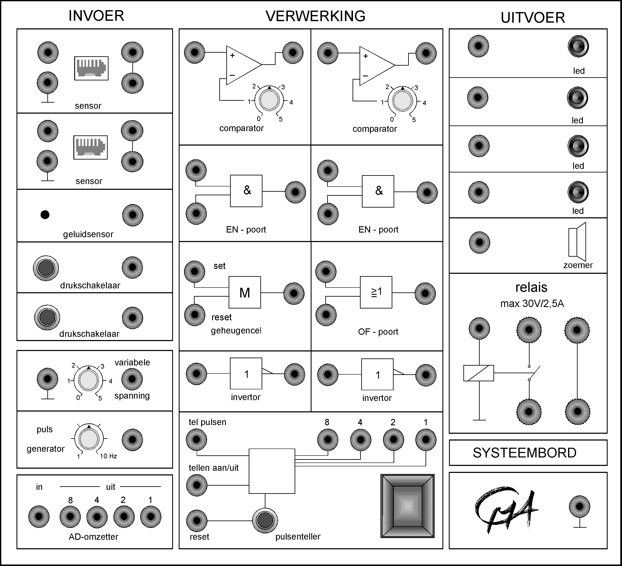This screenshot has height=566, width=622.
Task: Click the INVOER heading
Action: click(96, 16)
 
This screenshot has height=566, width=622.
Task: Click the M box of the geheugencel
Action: click(245, 292)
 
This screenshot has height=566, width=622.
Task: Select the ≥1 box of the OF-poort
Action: click(376, 292)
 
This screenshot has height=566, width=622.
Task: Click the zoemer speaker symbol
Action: click(577, 242)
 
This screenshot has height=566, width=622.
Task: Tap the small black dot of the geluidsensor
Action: click(45, 215)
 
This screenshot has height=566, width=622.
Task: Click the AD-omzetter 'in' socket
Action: click(39, 516)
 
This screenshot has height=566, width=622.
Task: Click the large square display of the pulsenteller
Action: click(407, 506)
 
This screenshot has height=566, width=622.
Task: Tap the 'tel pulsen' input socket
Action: click(196, 439)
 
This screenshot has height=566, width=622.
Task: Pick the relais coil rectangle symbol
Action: click(479, 373)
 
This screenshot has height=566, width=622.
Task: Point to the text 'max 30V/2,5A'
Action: click(532, 304)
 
